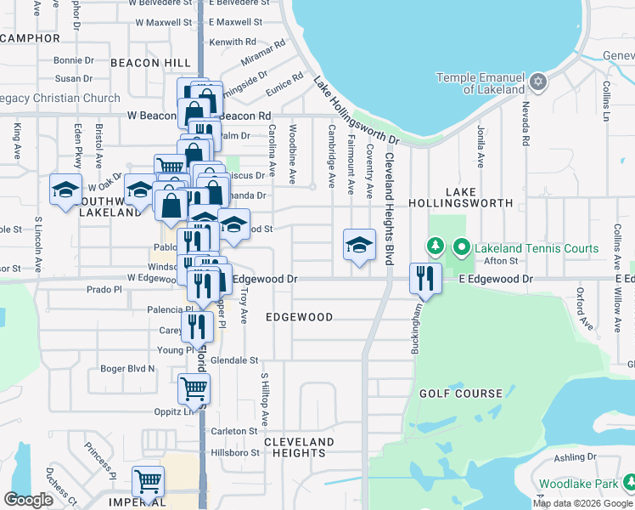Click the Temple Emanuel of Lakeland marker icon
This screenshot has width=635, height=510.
click(x=537, y=83)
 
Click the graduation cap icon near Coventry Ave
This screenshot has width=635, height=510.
click(x=359, y=245)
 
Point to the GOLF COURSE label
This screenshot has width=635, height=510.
click(x=461, y=394)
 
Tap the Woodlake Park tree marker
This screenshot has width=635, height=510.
click(x=628, y=484)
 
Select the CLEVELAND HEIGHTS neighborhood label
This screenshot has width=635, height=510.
click(x=299, y=448)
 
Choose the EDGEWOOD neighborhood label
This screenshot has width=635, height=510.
click(x=299, y=317)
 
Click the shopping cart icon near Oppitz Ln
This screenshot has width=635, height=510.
click(x=194, y=389)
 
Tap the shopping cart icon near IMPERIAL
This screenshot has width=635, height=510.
click(x=149, y=482)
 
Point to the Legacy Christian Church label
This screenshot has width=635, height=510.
click(x=59, y=98)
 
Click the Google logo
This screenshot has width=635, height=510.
click(x=29, y=499)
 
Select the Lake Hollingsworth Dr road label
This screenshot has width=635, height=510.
click(x=357, y=111)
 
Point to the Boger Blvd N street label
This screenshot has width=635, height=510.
click(x=127, y=368)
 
